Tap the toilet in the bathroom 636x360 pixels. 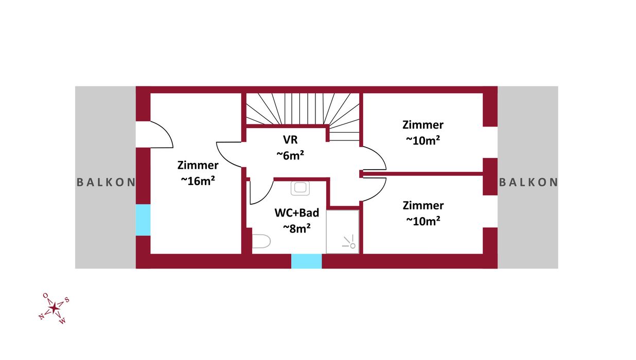tap(262, 241)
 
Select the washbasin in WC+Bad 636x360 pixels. tap(300, 188)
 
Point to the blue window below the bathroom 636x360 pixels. tap(306, 261)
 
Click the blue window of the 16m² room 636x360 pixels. tap(143, 220)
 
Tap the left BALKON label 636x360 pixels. tap(106, 182)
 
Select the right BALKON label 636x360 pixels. tap(528, 182)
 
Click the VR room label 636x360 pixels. tap(290, 139)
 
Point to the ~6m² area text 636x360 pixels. tap(290, 154)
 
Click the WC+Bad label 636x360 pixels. tap(297, 213)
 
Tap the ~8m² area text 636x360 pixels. tap(297, 228)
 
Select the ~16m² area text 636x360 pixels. tap(198, 181)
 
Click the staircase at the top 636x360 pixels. tap(301, 109)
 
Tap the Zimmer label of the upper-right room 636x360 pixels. tap(423, 124)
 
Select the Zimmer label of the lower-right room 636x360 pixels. tap(423, 206)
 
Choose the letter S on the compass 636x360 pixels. tap(67, 300)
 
